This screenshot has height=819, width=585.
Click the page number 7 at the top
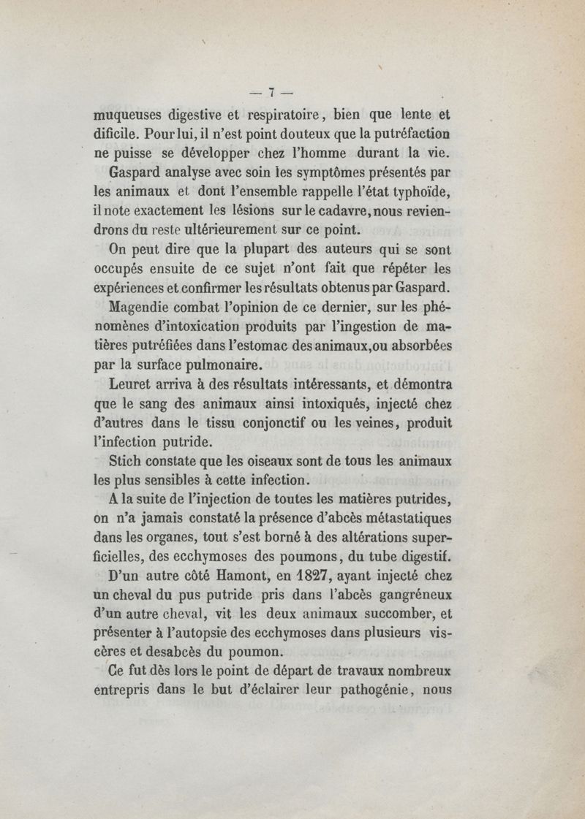[271, 92]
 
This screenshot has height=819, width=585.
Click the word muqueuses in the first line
[126, 115]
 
